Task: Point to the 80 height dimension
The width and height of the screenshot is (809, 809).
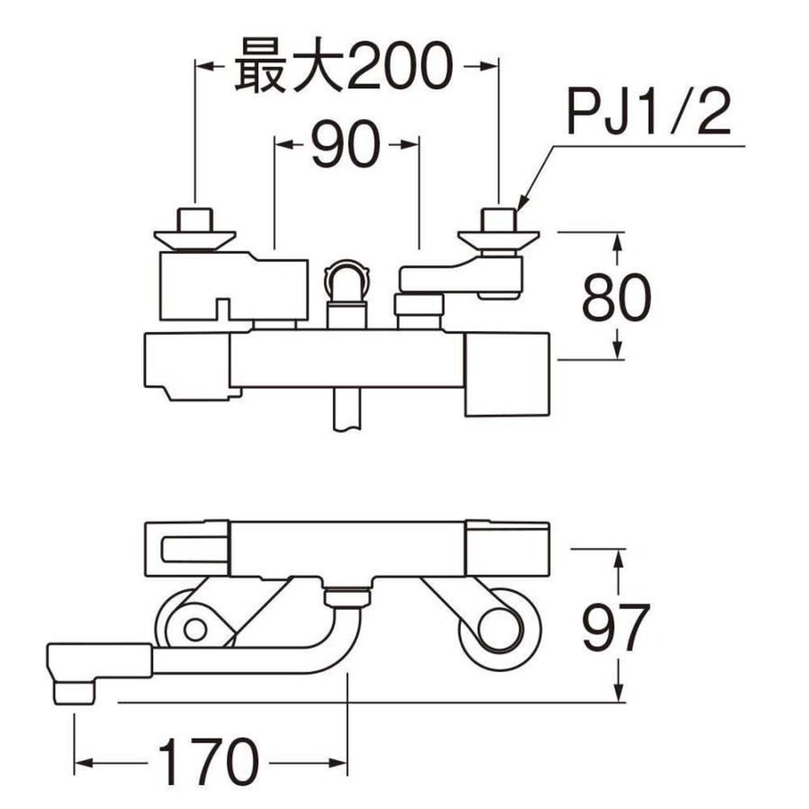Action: click(616, 297)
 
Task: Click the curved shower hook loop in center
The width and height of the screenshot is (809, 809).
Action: click(346, 279)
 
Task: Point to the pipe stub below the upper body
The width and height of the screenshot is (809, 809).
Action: click(346, 410)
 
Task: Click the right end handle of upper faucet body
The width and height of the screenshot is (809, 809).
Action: click(507, 372)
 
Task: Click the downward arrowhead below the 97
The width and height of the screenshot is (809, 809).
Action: click(619, 694)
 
